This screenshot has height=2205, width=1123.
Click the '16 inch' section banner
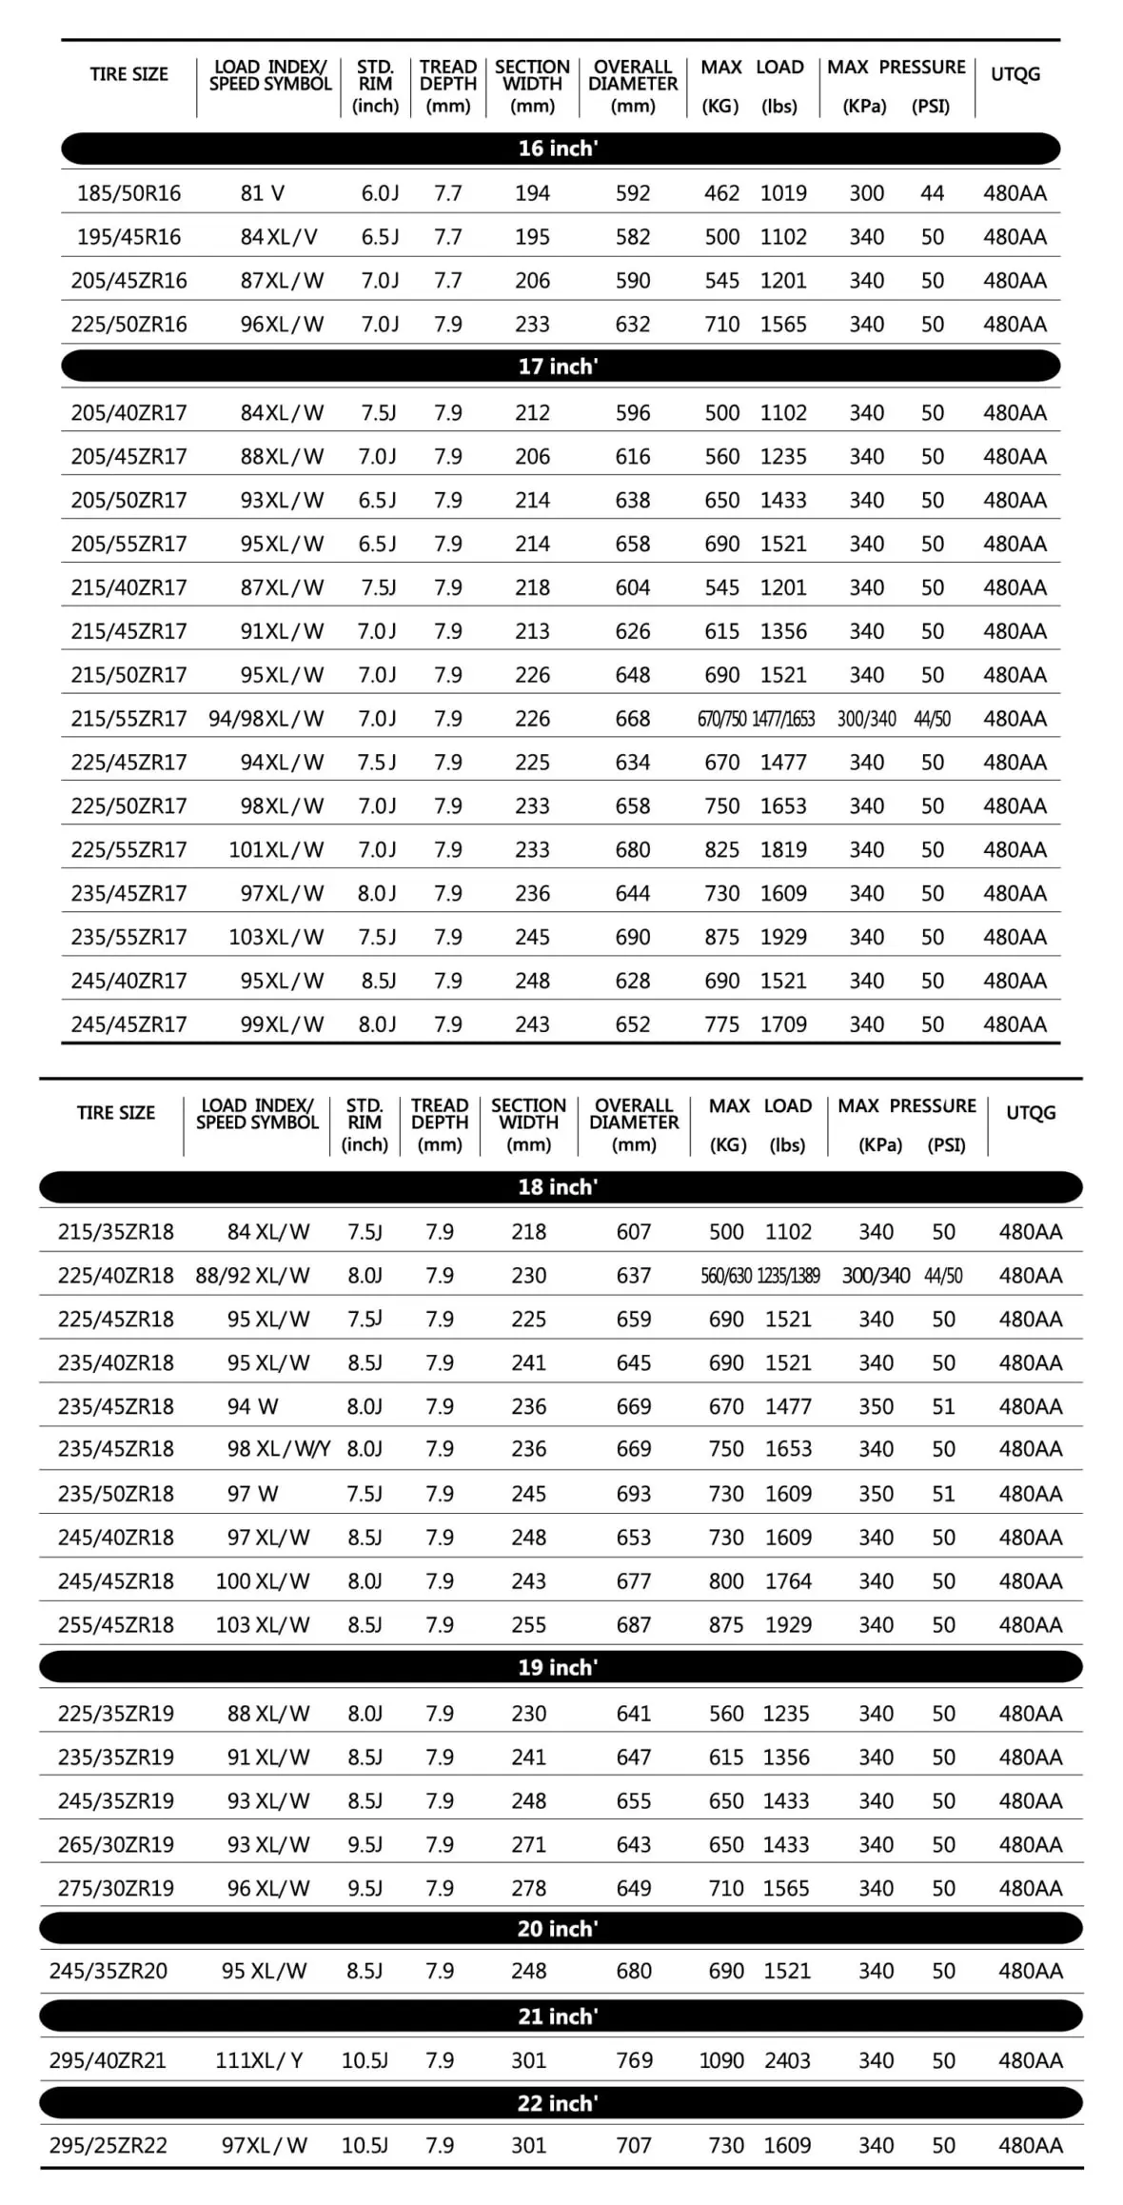(560, 149)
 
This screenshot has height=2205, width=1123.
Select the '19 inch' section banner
(560, 1667)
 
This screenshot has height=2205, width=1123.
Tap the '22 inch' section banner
(560, 2103)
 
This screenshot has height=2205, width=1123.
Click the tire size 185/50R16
(128, 193)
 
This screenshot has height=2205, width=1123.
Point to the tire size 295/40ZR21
(108, 2060)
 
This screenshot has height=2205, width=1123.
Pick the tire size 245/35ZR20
(108, 1971)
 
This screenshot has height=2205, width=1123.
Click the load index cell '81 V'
(262, 193)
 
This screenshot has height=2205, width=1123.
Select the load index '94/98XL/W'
(266, 719)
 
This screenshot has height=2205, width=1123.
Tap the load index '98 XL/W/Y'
(279, 1449)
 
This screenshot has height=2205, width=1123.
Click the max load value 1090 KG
(721, 2060)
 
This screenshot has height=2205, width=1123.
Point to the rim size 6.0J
(380, 193)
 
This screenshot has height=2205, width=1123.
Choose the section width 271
(528, 1844)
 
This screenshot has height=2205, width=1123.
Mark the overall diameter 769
(634, 2060)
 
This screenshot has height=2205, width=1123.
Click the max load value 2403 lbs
(787, 2060)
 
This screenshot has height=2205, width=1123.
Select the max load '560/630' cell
(726, 1276)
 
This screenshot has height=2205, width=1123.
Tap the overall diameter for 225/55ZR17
(633, 849)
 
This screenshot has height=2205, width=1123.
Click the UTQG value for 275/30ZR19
(1030, 1888)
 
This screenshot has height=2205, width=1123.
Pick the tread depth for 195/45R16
(447, 237)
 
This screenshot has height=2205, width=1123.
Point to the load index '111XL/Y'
(259, 2060)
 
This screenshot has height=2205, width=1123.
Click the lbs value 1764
(788, 1581)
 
